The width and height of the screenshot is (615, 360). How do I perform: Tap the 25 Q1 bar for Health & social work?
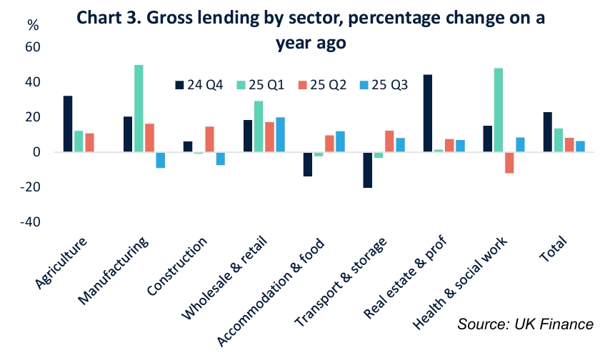coord(499,110)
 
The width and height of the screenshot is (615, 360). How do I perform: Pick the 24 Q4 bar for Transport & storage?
coord(368,170)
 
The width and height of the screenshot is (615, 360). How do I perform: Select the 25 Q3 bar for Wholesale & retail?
coord(281,135)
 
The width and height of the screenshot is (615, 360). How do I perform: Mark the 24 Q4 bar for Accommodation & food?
coord(308,164)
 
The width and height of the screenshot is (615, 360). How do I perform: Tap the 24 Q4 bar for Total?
coord(548,132)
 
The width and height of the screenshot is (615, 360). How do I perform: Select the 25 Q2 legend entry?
coord(324,85)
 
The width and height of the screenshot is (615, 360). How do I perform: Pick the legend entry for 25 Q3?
coord(386,85)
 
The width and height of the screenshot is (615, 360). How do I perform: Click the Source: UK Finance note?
coord(526,324)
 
